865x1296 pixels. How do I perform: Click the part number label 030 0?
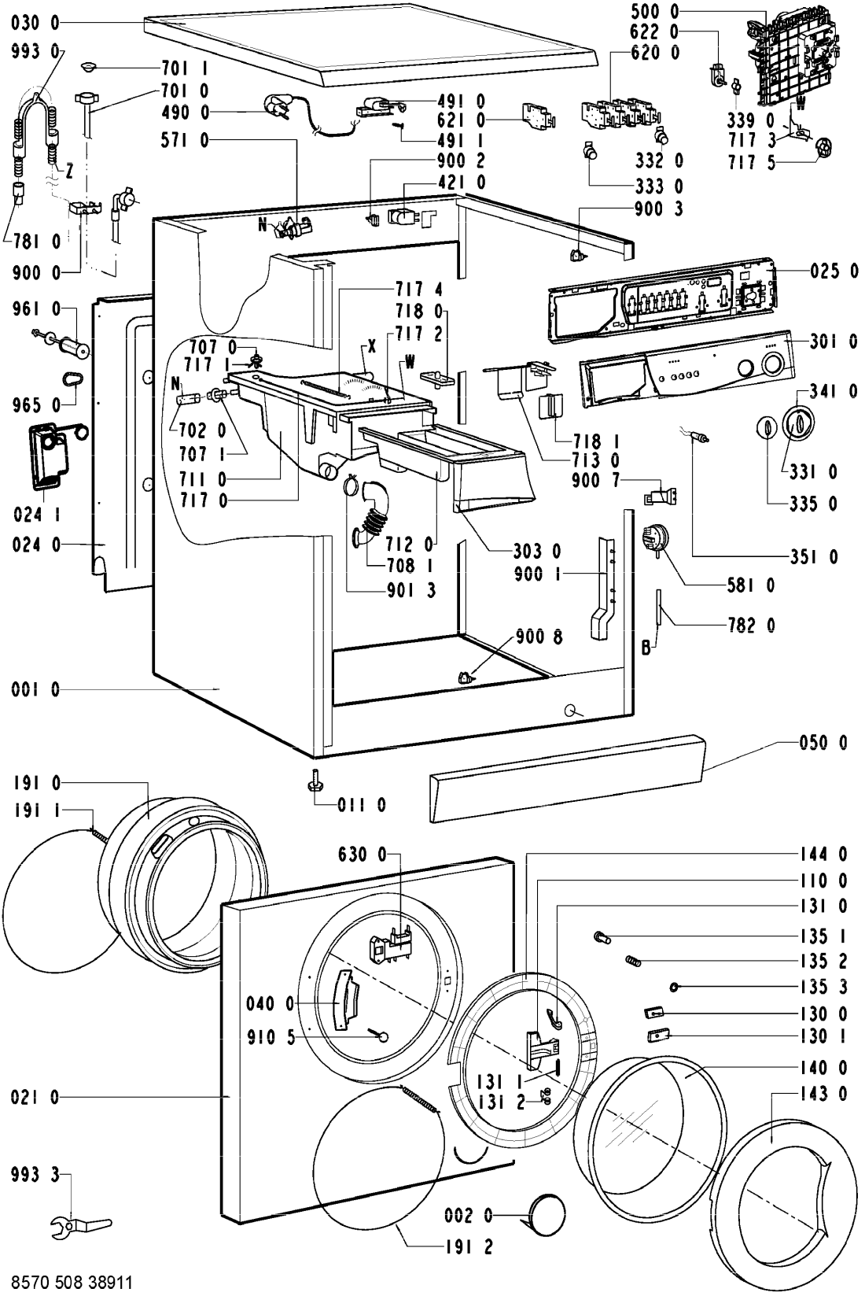tap(35, 24)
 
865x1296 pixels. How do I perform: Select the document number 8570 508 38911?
tap(66, 1281)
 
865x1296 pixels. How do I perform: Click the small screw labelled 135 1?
tap(603, 936)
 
